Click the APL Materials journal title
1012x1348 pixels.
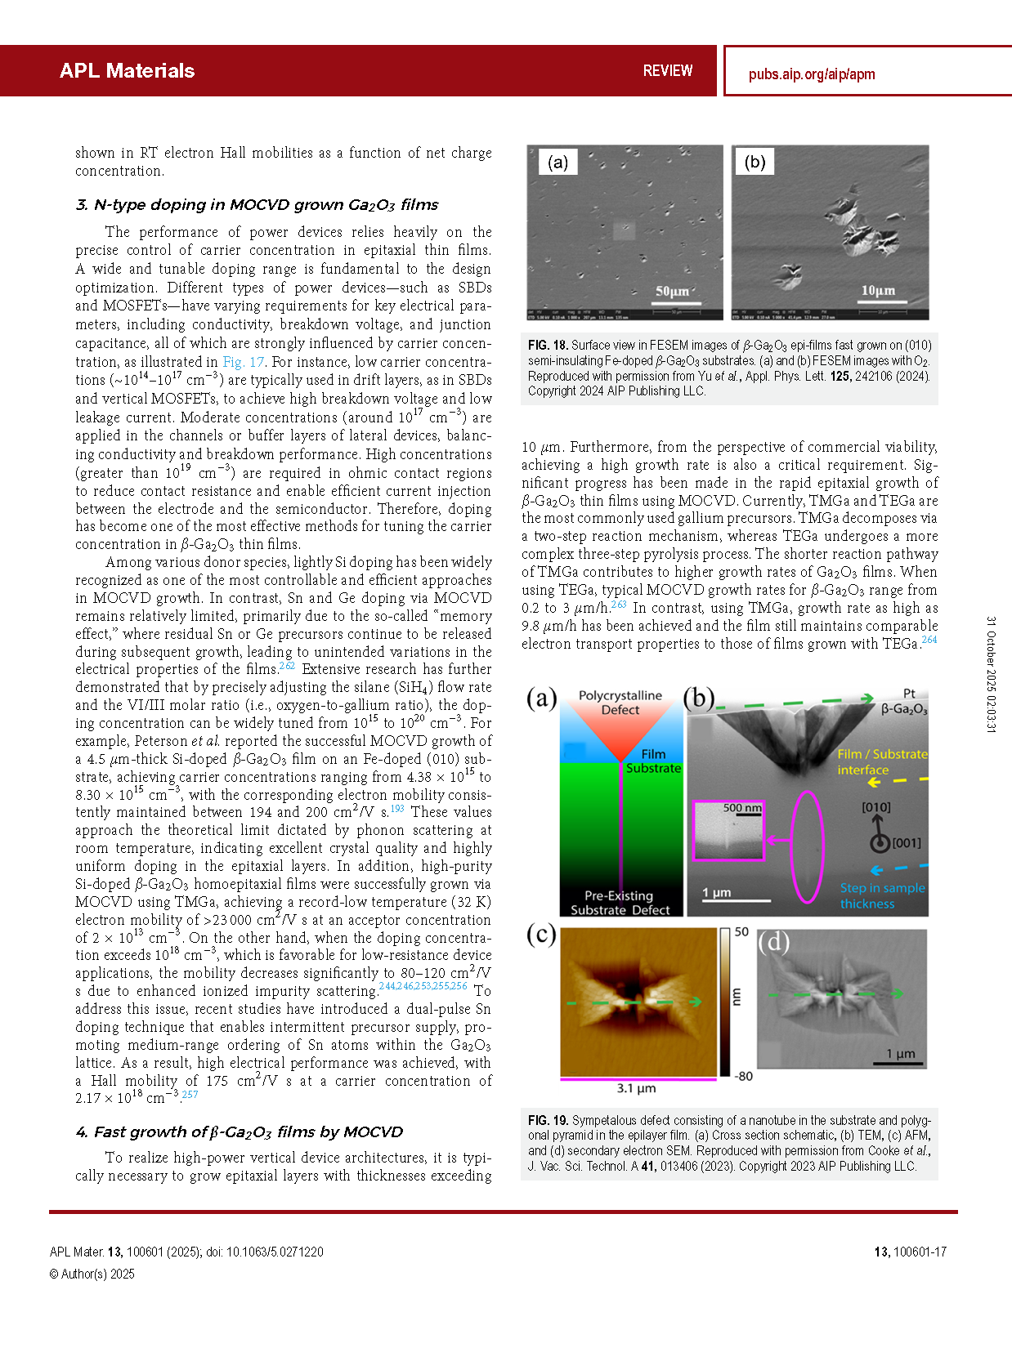tap(127, 71)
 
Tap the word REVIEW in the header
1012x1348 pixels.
tap(667, 71)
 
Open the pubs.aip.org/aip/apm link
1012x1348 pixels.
tap(811, 74)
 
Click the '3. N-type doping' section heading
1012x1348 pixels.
tap(257, 205)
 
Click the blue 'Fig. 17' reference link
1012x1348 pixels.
tap(244, 362)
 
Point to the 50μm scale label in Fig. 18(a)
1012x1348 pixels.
tap(672, 292)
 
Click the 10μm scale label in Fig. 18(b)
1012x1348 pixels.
tap(878, 291)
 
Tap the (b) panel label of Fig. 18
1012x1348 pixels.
tap(755, 162)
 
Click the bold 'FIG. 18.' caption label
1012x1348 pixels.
tap(548, 346)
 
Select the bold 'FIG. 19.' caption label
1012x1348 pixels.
tap(548, 1121)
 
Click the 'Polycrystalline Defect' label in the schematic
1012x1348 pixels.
tap(620, 703)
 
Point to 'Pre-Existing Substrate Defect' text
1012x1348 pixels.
tap(620, 903)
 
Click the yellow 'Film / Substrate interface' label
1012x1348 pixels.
tap(881, 762)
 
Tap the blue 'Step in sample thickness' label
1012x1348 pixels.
tap(882, 895)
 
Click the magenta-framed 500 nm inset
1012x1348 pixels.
tap(728, 831)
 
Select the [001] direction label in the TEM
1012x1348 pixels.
tap(906, 843)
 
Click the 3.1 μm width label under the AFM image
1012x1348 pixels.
tap(636, 1088)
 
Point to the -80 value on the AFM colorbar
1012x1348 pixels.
tap(743, 1076)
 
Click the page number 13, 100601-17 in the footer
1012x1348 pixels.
tap(910, 1252)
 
